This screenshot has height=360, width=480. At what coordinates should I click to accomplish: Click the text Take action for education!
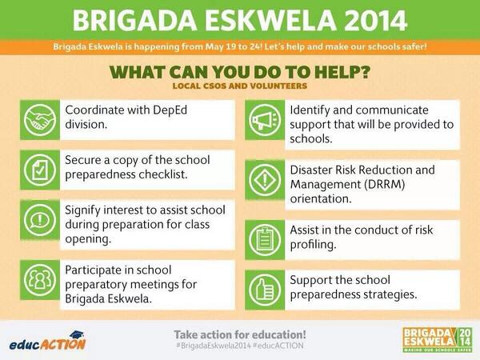pyautogui.click(x=240, y=333)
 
